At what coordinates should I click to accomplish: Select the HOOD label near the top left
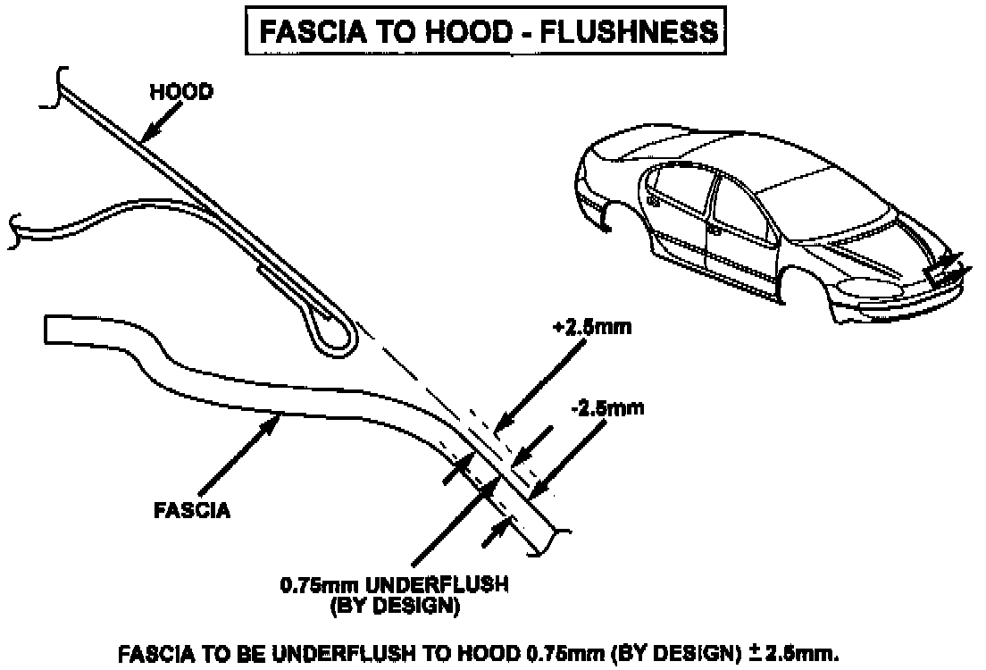180,93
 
